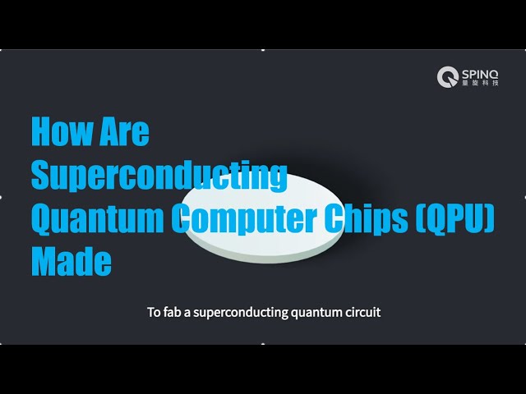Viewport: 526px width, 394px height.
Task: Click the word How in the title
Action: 62,132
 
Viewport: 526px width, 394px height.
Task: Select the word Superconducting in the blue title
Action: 159,176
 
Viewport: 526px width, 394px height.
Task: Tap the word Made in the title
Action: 71,262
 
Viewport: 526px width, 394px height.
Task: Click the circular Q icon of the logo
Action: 447,77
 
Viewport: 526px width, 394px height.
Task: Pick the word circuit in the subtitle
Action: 362,313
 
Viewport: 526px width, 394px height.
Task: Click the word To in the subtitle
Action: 154,313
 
